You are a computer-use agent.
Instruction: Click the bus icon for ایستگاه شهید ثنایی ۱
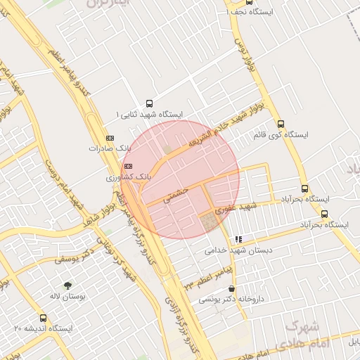148,103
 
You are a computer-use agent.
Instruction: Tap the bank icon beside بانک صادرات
109,138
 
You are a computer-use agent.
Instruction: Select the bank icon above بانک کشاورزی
127,165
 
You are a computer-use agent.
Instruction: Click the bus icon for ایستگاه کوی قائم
281,124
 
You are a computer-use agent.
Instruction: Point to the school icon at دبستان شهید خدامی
238,240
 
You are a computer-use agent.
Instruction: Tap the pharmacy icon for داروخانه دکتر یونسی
232,289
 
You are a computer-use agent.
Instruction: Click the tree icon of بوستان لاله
67,286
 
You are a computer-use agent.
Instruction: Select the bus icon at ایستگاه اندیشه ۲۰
44,319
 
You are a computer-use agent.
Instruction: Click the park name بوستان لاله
67,297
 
